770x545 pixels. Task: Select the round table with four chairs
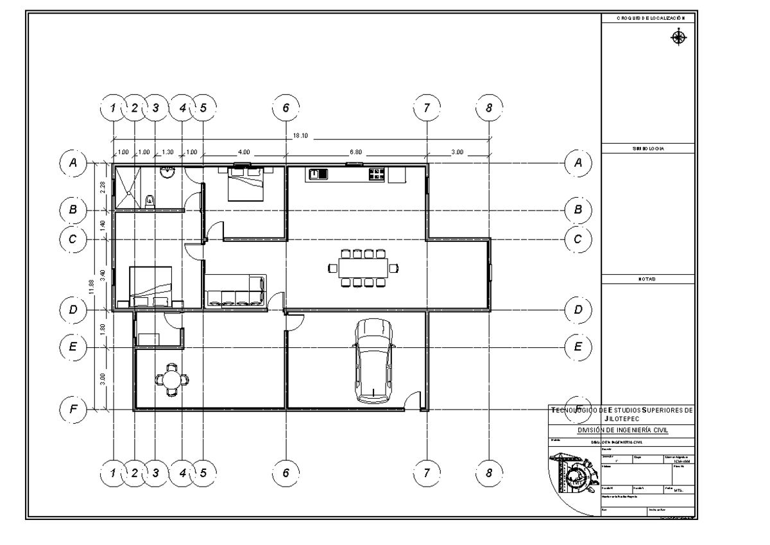(172, 379)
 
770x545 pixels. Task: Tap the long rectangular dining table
(364, 267)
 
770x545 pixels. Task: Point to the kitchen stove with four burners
(376, 174)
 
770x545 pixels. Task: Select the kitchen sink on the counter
(318, 174)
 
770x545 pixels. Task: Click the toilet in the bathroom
(151, 200)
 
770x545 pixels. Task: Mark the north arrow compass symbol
(678, 38)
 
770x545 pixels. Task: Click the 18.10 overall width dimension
(302, 135)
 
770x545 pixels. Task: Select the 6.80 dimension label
(355, 153)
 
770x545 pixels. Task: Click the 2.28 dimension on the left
(103, 187)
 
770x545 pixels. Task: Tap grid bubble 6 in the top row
(286, 108)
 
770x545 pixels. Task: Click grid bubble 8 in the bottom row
(489, 472)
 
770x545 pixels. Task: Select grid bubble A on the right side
(578, 163)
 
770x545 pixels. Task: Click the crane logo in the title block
(572, 472)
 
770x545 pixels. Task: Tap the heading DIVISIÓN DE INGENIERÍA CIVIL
(622, 430)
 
